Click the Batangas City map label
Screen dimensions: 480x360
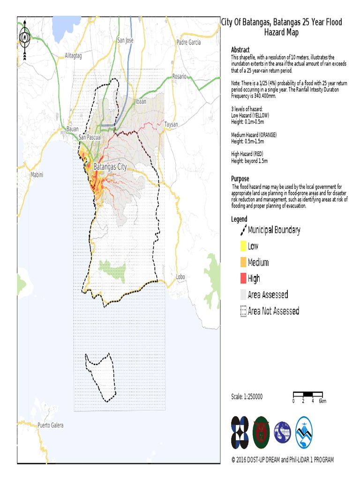110,166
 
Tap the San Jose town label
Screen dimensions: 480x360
125,40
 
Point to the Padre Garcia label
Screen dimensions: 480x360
189,42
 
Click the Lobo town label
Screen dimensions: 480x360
181,277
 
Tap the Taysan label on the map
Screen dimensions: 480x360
172,125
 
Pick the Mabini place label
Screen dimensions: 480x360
37,174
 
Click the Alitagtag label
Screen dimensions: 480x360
74,55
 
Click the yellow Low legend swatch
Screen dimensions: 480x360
243,246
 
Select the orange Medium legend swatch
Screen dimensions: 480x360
243,262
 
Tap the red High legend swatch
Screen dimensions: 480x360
243,278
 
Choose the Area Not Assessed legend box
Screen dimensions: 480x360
243,311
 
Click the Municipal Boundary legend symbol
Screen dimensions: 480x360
243,230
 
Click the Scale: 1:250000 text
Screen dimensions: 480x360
247,397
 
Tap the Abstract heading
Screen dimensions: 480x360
240,50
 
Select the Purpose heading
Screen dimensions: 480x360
240,179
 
